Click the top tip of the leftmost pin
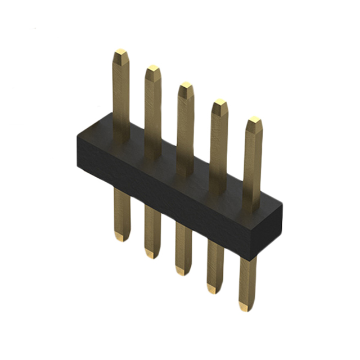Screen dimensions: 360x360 [x=120, y=54]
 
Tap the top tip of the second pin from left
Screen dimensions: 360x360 [x=153, y=70]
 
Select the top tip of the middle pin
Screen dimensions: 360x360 [x=186, y=87]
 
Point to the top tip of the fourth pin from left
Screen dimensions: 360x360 [x=219, y=104]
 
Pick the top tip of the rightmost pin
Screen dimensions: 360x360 [x=254, y=121]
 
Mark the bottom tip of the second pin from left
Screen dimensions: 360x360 [x=151, y=254]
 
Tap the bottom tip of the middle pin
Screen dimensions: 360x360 [x=182, y=271]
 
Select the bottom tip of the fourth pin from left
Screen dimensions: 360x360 [x=214, y=288]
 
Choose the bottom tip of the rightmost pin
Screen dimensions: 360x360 [x=246, y=306]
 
